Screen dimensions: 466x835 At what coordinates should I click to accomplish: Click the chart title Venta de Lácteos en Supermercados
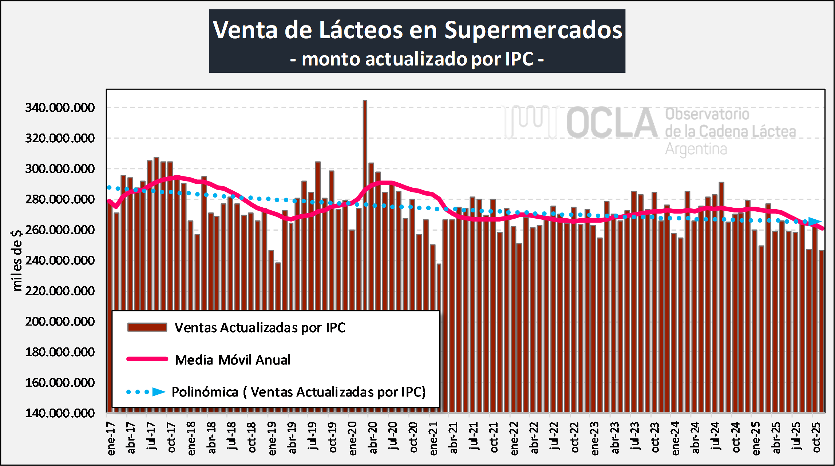pyautogui.click(x=417, y=30)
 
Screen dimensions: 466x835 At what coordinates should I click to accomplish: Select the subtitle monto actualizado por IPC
pyautogui.click(x=417, y=59)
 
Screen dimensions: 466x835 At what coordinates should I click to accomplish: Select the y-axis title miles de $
pyautogui.click(x=17, y=260)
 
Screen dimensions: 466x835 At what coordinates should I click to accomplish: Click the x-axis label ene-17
pyautogui.click(x=111, y=438)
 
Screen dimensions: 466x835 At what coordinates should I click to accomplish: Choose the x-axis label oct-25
pyautogui.click(x=816, y=437)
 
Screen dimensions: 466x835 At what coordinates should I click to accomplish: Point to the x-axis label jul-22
pyautogui.click(x=554, y=437)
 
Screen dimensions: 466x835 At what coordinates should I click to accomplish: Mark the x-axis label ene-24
pyautogui.click(x=676, y=438)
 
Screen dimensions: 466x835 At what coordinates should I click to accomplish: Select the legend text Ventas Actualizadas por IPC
pyautogui.click(x=260, y=328)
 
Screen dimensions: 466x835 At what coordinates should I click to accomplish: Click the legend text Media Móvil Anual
pyautogui.click(x=233, y=360)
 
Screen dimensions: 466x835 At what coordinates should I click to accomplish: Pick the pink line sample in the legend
pyautogui.click(x=147, y=359)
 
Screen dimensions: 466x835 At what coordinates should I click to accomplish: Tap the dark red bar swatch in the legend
pyautogui.click(x=147, y=327)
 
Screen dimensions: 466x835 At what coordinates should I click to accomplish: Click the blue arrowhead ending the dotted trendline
pyautogui.click(x=815, y=221)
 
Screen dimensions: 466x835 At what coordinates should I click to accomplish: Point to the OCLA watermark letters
pyautogui.click(x=612, y=123)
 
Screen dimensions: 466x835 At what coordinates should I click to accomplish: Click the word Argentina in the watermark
pyautogui.click(x=696, y=149)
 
